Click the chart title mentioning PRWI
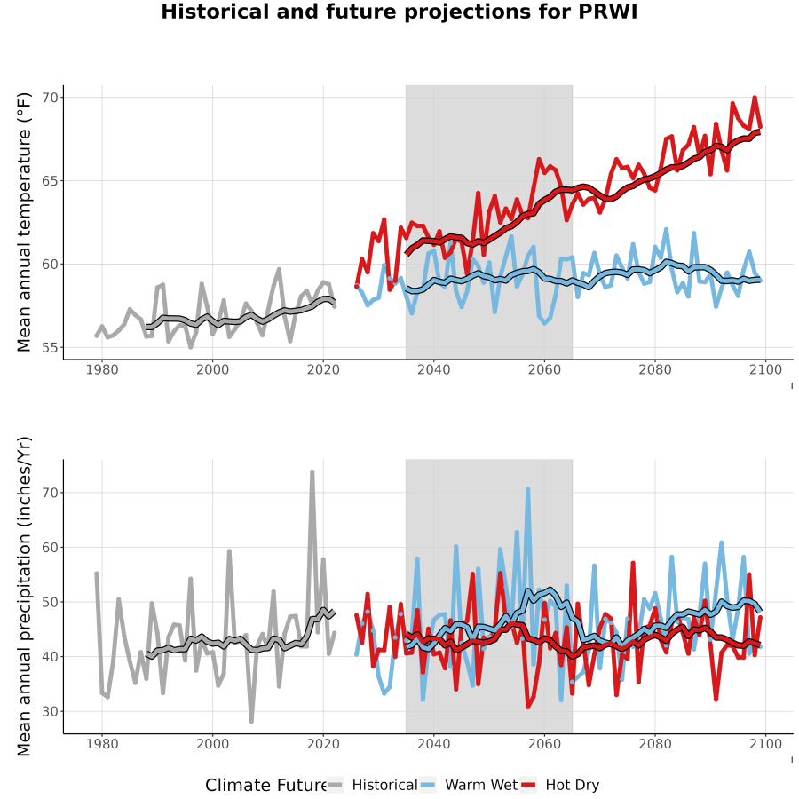pos(399,12)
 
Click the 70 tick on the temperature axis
pos(51,98)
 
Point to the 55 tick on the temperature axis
pos(51,347)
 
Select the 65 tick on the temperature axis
pos(51,181)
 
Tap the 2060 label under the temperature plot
pos(544,369)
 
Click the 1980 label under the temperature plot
pos(102,369)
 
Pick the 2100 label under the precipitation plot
pos(765,744)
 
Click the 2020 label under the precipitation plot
pos(323,744)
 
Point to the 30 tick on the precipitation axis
pos(51,711)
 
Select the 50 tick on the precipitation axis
pos(51,602)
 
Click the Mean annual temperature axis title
pos(24,222)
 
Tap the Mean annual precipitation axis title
pos(24,597)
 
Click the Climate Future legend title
pos(266,785)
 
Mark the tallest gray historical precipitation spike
pos(312,472)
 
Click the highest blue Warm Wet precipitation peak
pos(528,489)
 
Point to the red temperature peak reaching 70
pos(755,98)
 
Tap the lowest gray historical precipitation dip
pos(251,721)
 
